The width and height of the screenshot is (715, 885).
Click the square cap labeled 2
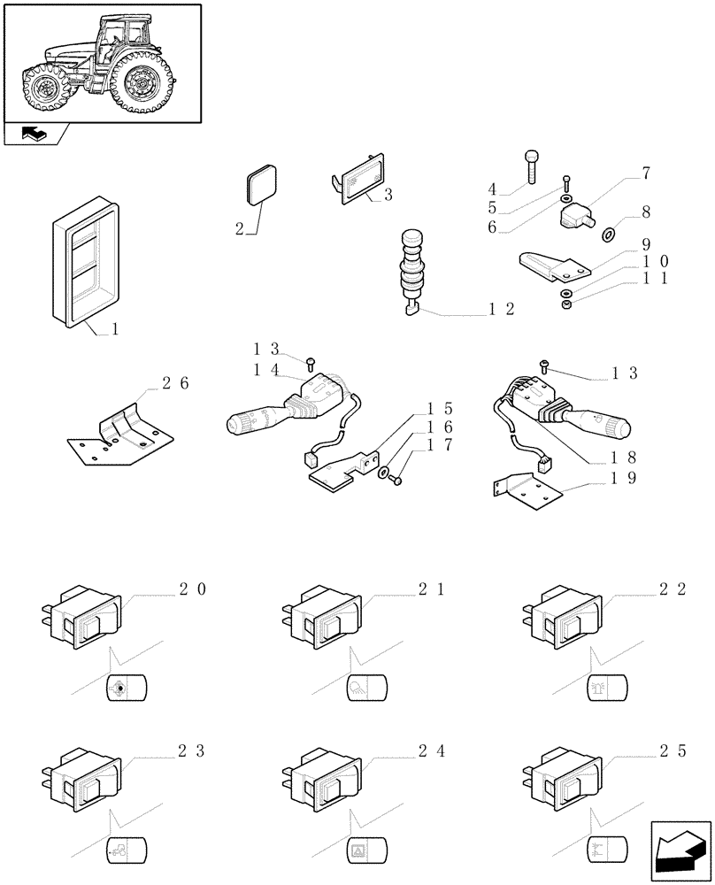click(260, 186)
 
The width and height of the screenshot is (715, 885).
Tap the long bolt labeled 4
click(530, 165)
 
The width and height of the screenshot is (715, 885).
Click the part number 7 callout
click(646, 173)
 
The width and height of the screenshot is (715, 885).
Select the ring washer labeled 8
click(609, 235)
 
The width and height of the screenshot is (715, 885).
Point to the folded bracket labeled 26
click(119, 431)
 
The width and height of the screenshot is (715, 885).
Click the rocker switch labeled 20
click(84, 619)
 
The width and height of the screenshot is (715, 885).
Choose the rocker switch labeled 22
click(566, 617)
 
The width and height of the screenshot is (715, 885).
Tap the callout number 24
click(433, 751)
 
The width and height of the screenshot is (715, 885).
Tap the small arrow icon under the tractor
click(36, 135)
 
